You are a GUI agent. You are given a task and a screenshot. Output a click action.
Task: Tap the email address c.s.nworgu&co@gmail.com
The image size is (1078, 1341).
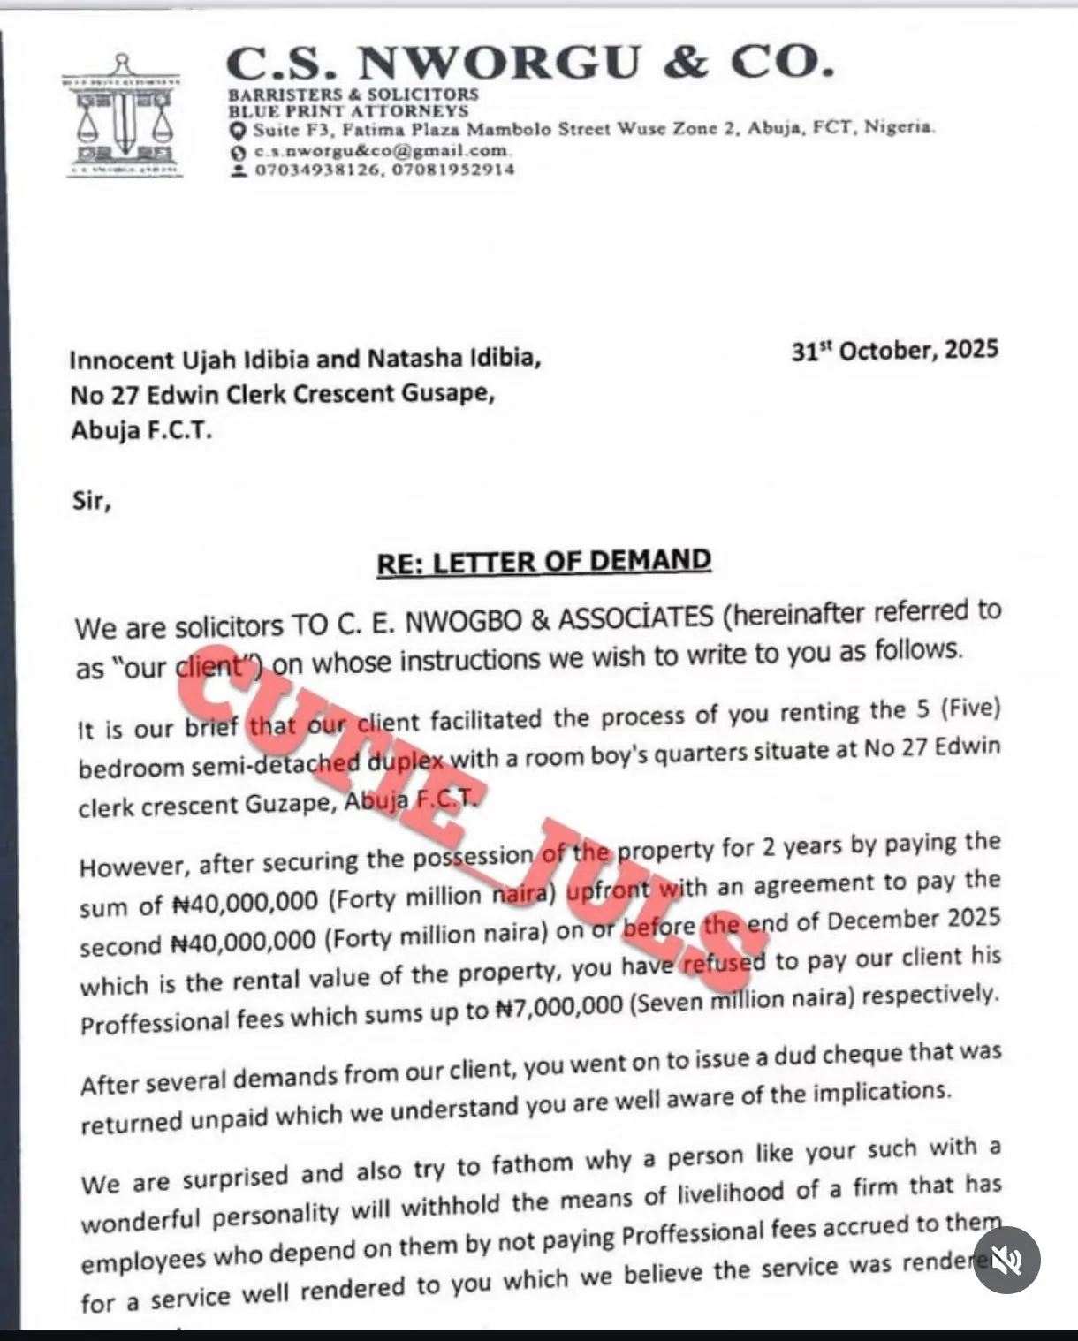(x=381, y=151)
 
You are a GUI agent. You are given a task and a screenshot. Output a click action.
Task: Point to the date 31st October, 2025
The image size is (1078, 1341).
(x=894, y=351)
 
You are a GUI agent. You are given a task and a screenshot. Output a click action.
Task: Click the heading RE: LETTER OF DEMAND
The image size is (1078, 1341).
(x=543, y=562)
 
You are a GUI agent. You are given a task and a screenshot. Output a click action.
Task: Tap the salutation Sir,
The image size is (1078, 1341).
(x=91, y=501)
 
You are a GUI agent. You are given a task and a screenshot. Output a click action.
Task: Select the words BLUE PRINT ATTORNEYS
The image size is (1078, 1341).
(x=348, y=111)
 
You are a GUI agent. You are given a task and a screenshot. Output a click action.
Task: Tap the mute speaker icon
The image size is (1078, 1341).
(x=1006, y=1261)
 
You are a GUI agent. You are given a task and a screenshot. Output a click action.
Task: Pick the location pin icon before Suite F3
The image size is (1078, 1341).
(x=237, y=131)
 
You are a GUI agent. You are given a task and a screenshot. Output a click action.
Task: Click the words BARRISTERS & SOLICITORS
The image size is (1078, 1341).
(x=353, y=94)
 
